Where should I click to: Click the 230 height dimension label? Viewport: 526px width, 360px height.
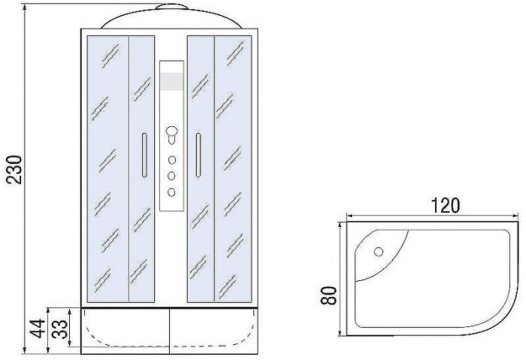[16, 169]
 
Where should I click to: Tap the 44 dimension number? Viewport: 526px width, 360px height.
[37, 328]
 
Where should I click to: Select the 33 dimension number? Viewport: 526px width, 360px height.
[59, 329]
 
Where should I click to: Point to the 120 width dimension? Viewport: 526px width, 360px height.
[445, 206]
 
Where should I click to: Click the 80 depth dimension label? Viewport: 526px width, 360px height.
[328, 295]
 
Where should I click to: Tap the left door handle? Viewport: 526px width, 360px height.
[144, 155]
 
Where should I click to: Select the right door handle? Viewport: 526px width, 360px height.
[198, 155]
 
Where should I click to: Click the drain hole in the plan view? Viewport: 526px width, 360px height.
[379, 252]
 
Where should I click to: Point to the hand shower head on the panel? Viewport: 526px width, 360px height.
[172, 134]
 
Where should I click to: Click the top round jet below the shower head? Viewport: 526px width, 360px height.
[172, 160]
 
